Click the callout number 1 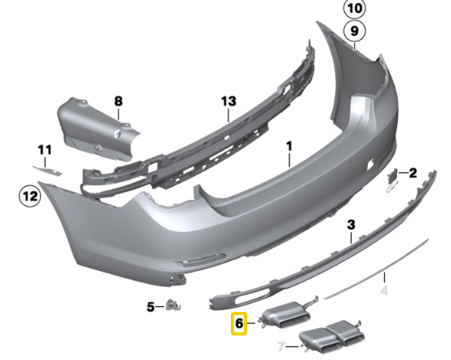pyautogui.click(x=288, y=148)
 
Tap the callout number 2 pyautogui.click(x=413, y=173)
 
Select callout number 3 pyautogui.click(x=352, y=224)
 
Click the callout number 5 pyautogui.click(x=150, y=307)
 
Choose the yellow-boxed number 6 pyautogui.click(x=239, y=324)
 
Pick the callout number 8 pyautogui.click(x=117, y=102)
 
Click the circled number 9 pyautogui.click(x=354, y=32)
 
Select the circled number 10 pyautogui.click(x=354, y=10)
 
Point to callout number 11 pyautogui.click(x=44, y=150)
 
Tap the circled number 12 pyautogui.click(x=29, y=196)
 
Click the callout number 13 pyautogui.click(x=228, y=102)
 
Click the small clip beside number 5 pyautogui.click(x=172, y=305)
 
